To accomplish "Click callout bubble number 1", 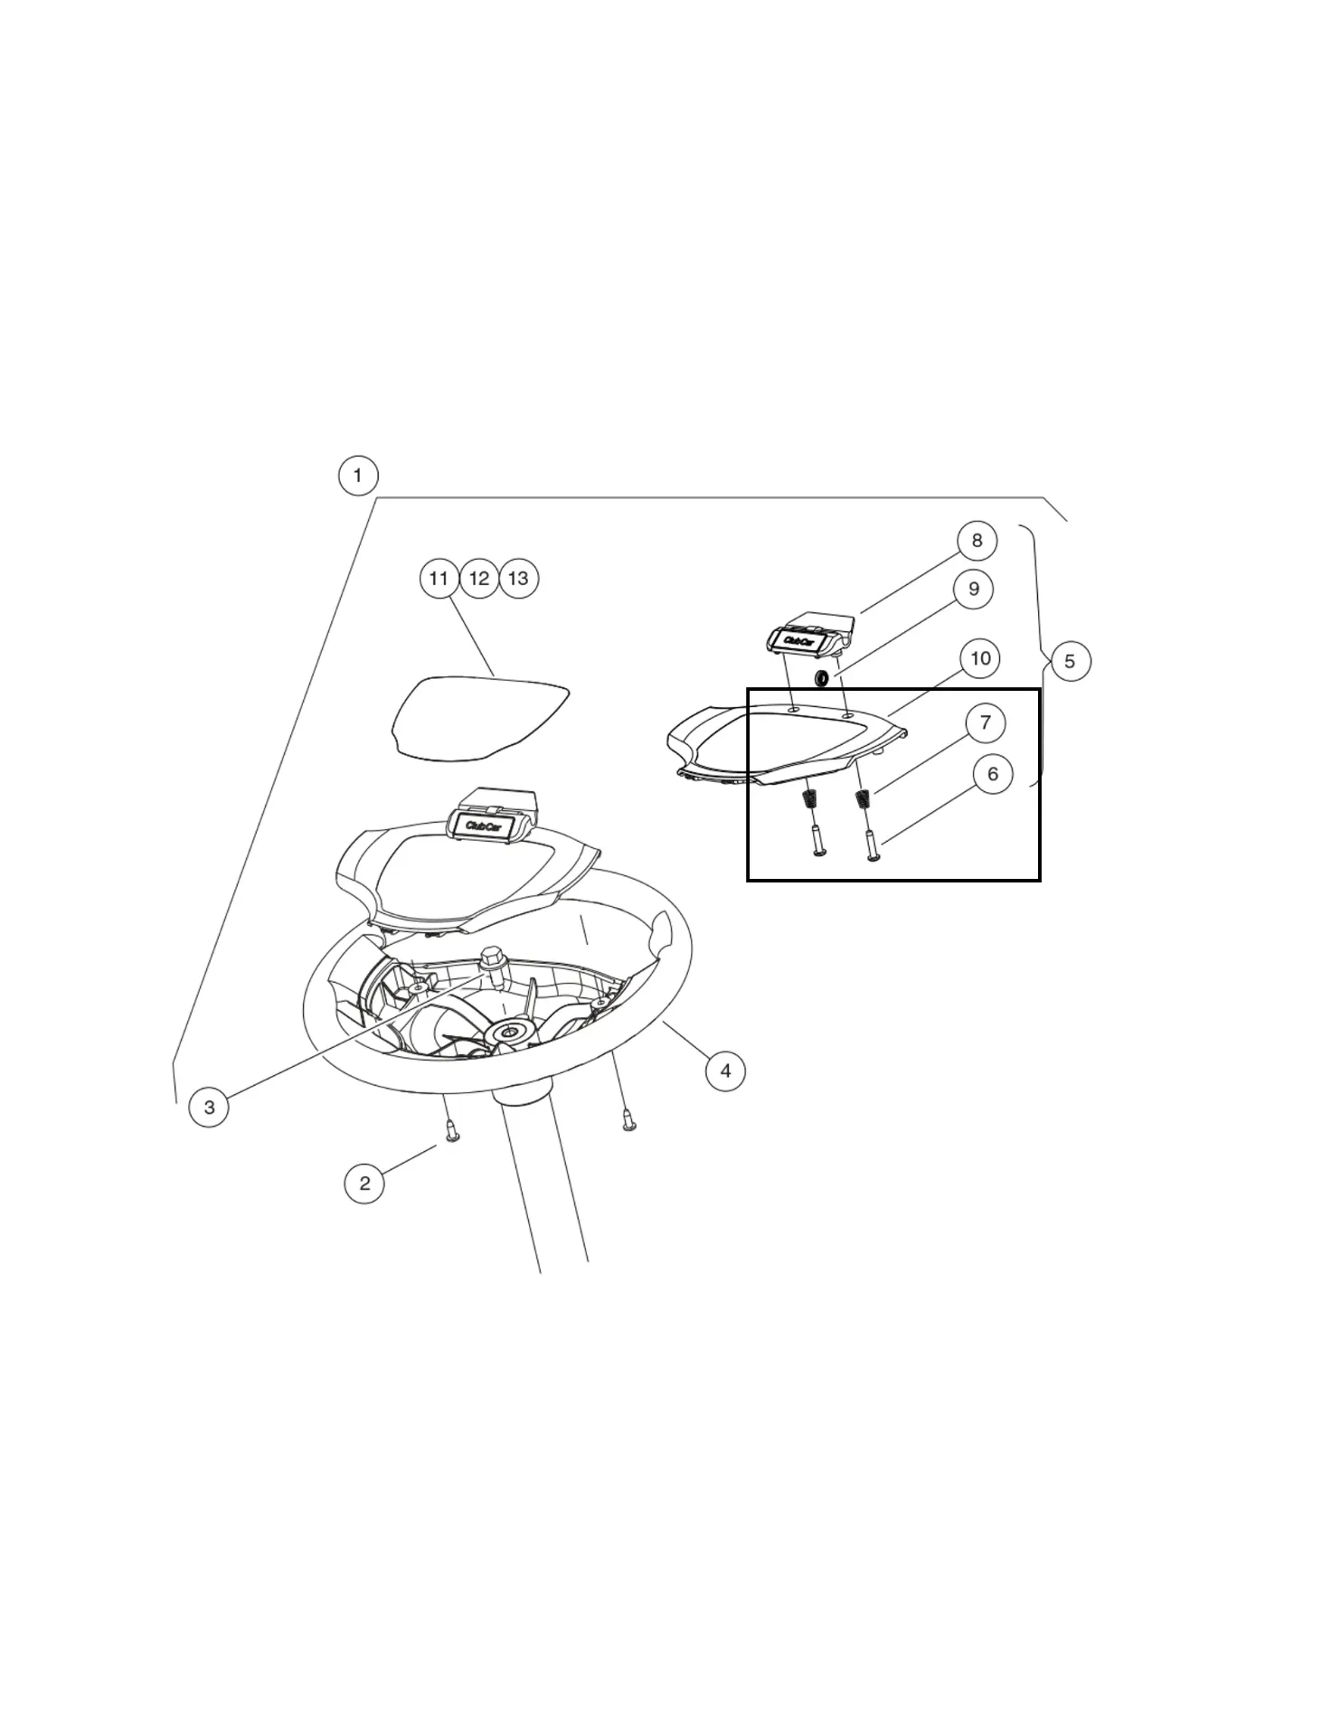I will (x=358, y=476).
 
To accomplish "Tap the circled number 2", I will (x=364, y=1183).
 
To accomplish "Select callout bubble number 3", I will (x=209, y=1107).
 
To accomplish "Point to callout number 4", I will (x=725, y=1071).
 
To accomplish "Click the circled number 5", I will (x=1071, y=661).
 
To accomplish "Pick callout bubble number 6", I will (x=993, y=774).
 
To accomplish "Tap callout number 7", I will (x=986, y=722).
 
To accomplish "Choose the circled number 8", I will (x=977, y=541).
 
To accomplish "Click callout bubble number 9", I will (x=974, y=589).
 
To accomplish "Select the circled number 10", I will (x=981, y=658).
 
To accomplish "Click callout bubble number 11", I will (x=439, y=579).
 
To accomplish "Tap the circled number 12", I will (x=479, y=579).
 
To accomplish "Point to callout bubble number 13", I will (x=519, y=579).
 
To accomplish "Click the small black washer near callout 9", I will (x=822, y=678).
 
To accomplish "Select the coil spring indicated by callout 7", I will (x=864, y=799).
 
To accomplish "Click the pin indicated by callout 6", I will (x=873, y=845).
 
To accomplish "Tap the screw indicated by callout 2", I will (x=453, y=1130).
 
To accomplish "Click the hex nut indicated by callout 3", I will (x=493, y=958).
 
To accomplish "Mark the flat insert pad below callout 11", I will (x=479, y=717).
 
